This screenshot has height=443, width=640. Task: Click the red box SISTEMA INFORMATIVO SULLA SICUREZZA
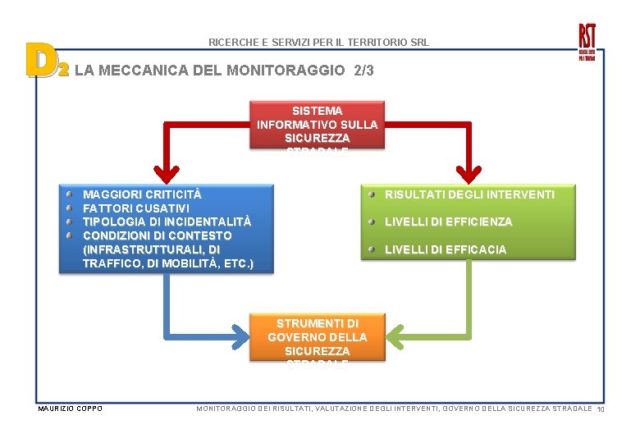[x=317, y=124]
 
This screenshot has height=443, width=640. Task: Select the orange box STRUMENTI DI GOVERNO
[x=317, y=337]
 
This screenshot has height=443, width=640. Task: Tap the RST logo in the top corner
[x=587, y=41]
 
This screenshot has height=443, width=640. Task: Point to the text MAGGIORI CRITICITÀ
[x=142, y=194]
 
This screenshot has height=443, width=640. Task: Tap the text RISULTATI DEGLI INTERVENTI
[x=469, y=194]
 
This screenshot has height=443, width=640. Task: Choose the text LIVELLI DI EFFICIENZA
[x=448, y=221]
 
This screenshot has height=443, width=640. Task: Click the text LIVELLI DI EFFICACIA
[x=446, y=249]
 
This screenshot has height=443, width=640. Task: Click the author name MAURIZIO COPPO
[x=71, y=409]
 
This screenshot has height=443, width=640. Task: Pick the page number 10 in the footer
[x=601, y=409]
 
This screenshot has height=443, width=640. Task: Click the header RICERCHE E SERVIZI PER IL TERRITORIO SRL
[x=318, y=42]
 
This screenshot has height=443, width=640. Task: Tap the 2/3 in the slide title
[x=363, y=71]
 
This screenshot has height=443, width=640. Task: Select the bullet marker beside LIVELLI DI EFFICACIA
[x=372, y=249]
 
